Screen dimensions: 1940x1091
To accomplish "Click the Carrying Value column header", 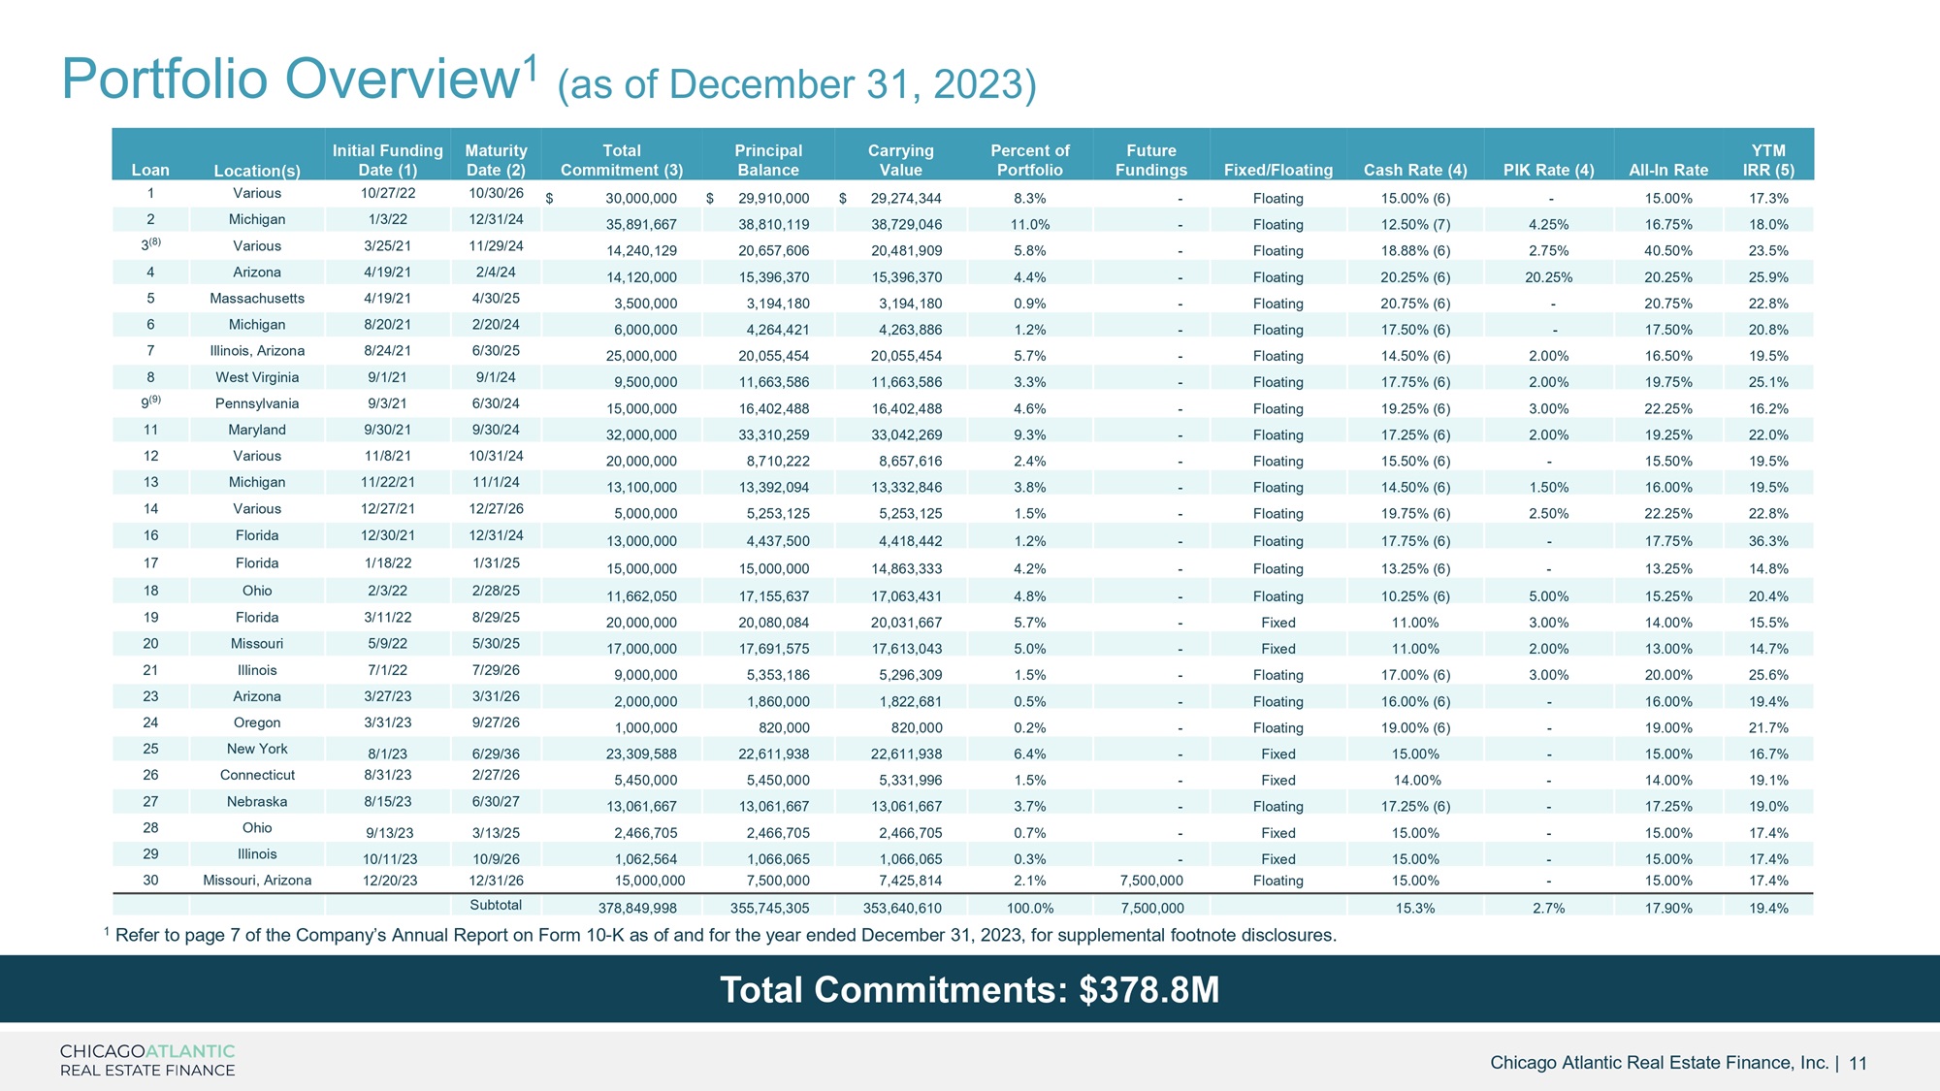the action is click(x=900, y=160).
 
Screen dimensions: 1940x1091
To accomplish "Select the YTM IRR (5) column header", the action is click(x=1768, y=160).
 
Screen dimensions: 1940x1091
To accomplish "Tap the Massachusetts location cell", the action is click(x=257, y=299).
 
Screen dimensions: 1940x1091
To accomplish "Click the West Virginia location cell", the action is click(x=257, y=377).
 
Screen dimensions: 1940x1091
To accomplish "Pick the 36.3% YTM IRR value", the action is click(x=1768, y=541).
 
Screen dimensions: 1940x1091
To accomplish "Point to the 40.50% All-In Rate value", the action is click(x=1668, y=250).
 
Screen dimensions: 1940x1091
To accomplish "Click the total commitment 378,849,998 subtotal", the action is click(x=637, y=909).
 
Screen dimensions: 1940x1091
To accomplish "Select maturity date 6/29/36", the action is click(x=496, y=754).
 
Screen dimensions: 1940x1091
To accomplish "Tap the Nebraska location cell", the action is click(x=257, y=802).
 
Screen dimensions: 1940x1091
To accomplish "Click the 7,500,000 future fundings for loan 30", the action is click(x=1151, y=881).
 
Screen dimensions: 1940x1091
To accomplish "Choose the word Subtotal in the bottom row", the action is click(x=496, y=905).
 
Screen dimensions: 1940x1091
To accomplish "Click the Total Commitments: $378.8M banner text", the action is click(x=970, y=990).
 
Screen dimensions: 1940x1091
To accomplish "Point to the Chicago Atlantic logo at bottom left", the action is click(x=147, y=1060).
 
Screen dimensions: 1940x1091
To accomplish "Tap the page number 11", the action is click(x=1858, y=1064).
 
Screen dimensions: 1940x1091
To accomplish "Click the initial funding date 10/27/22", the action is click(x=388, y=193).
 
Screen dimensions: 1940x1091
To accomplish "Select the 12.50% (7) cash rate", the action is click(x=1415, y=224).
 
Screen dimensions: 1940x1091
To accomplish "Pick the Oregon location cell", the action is click(x=257, y=722).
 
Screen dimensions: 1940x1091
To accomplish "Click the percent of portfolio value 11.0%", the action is click(x=1030, y=224).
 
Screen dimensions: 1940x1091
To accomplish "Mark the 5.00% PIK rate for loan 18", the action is click(x=1548, y=596).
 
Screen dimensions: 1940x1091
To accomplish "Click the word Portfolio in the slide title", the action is click(x=166, y=78).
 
